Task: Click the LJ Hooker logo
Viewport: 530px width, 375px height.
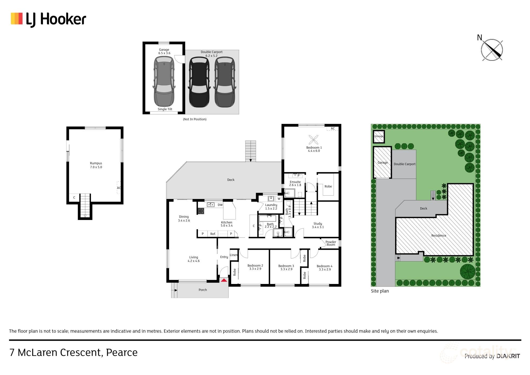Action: pos(48,19)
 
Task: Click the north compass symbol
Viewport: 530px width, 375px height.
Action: pos(492,50)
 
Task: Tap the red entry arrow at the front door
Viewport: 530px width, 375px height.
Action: pos(224,280)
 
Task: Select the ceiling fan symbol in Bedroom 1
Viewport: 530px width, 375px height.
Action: pos(314,140)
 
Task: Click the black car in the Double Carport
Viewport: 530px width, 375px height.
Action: pos(199,82)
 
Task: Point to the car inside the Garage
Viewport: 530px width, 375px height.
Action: pos(164,82)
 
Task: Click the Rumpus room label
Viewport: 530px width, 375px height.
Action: pos(96,163)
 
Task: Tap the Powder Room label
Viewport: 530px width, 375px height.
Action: pos(331,243)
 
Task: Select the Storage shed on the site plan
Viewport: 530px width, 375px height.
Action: pos(379,136)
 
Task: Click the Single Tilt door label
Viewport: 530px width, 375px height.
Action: pos(165,109)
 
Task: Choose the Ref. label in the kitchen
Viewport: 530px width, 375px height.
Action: pos(213,234)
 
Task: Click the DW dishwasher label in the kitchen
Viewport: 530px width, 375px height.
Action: pos(220,205)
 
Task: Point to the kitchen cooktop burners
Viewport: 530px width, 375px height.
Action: pos(201,211)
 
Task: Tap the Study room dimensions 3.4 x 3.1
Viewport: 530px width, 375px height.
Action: pos(318,227)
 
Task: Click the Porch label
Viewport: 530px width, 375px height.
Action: pos(203,290)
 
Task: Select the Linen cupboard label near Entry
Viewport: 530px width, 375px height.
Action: pos(233,255)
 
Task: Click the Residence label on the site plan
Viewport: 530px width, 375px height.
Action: pos(439,236)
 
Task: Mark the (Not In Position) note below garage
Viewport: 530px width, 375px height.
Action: pos(195,119)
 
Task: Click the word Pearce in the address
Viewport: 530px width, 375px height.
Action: pos(122,353)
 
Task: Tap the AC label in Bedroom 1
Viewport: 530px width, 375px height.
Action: pos(333,128)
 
